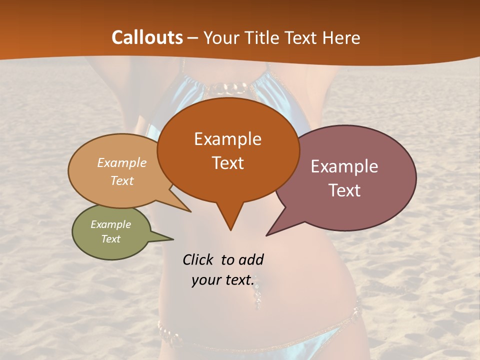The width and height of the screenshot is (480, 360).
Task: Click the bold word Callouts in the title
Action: pyautogui.click(x=147, y=37)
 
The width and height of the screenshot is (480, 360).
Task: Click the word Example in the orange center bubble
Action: pyautogui.click(x=227, y=139)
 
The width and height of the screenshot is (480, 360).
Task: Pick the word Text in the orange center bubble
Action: pyautogui.click(x=227, y=163)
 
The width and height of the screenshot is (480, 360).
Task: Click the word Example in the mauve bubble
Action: pyautogui.click(x=344, y=166)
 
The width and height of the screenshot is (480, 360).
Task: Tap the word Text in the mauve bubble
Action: pyautogui.click(x=344, y=190)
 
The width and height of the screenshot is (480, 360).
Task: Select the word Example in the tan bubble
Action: pyautogui.click(x=122, y=163)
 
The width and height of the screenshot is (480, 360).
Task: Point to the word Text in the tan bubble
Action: pyautogui.click(x=122, y=181)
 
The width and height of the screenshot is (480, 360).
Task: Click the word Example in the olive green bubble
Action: pyautogui.click(x=111, y=224)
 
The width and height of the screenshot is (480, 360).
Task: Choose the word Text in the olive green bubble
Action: pyautogui.click(x=111, y=239)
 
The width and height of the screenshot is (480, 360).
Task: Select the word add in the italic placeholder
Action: pyautogui.click(x=251, y=259)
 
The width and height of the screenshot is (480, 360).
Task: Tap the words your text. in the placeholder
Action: pyautogui.click(x=223, y=280)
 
